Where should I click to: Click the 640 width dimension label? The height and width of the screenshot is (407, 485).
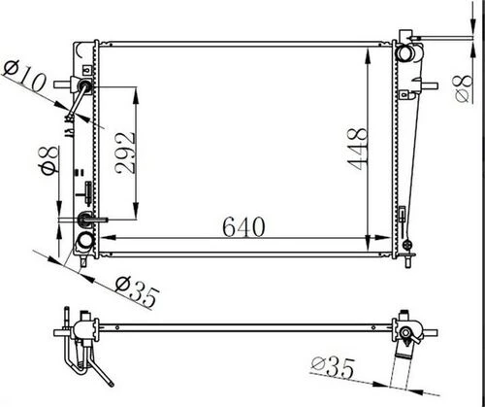pos(243,226)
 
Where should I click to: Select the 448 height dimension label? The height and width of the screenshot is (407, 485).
pos(358,149)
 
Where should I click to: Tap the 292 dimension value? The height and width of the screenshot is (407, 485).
pos(125,153)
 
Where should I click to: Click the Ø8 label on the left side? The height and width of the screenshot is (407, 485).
pos(48,160)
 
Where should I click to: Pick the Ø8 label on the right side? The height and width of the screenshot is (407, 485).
pos(463,88)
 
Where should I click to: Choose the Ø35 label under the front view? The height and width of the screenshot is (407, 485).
pos(138,290)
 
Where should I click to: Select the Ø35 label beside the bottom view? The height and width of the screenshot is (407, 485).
pos(333,367)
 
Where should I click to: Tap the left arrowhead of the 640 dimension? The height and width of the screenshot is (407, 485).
pos(108,238)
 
